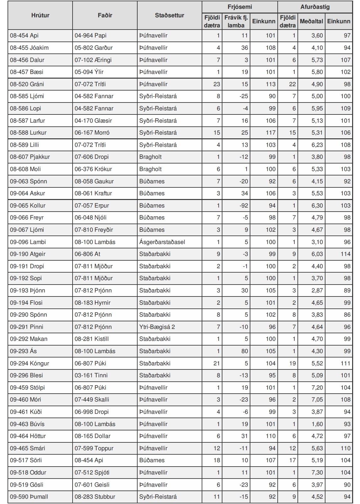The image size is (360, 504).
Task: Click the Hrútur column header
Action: click(40, 15)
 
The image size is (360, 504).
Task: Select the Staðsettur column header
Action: click(169, 15)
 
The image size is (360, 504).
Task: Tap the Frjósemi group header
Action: click(240, 7)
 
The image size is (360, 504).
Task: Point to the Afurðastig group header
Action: click(315, 7)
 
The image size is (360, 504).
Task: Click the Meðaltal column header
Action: click(311, 21)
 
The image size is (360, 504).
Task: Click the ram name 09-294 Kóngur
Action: click(30, 363)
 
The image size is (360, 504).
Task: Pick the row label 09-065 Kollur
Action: click(28, 206)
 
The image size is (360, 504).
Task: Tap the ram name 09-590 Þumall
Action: click(29, 497)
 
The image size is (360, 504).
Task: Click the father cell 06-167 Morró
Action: click(92, 133)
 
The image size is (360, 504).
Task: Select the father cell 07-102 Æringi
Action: click(93, 60)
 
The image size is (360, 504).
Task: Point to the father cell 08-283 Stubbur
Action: click(95, 497)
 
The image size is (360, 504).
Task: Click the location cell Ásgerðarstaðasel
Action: click(162, 242)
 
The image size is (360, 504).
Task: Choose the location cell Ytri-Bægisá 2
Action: click(157, 327)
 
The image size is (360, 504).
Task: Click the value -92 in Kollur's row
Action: click(244, 206)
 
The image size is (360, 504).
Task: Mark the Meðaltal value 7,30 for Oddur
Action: click(317, 473)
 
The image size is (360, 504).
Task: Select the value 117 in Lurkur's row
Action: click(270, 133)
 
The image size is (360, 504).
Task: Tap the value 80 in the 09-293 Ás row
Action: click(245, 351)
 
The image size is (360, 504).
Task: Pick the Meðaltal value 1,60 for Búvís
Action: click(317, 424)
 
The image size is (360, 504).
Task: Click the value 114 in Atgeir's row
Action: click(345, 254)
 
